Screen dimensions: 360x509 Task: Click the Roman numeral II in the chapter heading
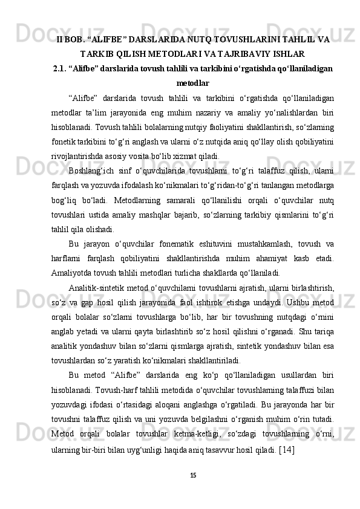[x=60, y=40]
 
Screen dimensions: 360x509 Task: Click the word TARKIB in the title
[x=97, y=54]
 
